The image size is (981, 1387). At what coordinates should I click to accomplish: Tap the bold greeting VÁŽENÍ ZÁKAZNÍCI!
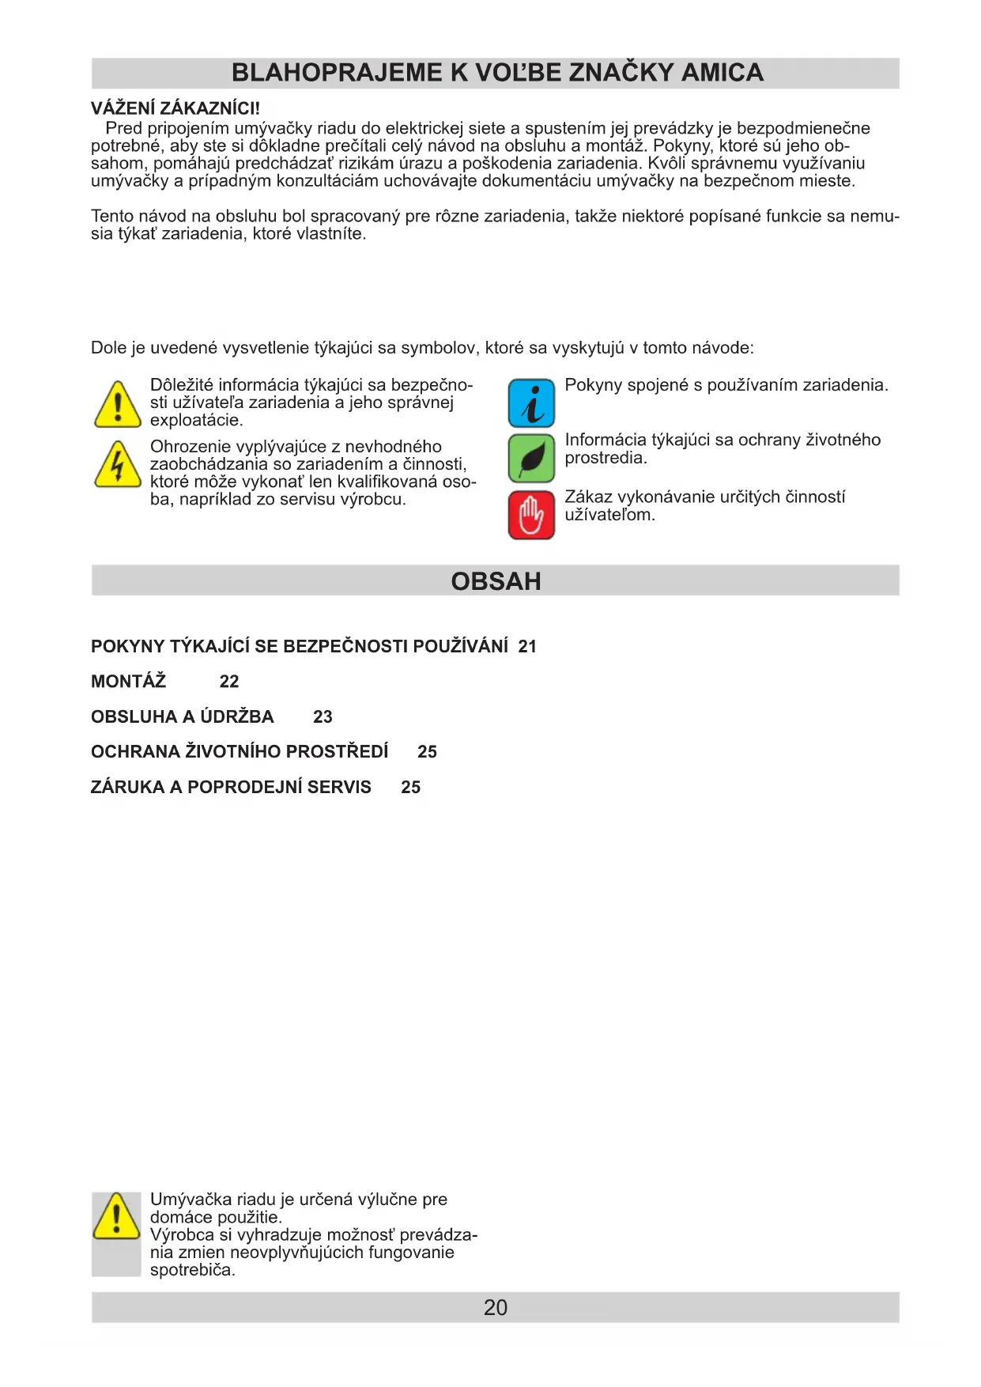[x=175, y=109]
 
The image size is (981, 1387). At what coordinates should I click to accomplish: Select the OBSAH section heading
[x=496, y=581]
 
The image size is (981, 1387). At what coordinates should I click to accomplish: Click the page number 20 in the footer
[x=496, y=1307]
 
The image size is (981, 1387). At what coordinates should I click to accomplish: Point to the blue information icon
[x=531, y=403]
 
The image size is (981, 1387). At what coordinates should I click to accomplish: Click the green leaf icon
[x=531, y=458]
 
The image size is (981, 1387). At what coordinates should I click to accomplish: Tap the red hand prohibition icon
[x=531, y=515]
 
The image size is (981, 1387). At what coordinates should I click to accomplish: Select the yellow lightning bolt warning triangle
[x=117, y=465]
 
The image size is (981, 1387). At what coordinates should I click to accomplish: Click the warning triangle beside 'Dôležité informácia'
[x=117, y=405]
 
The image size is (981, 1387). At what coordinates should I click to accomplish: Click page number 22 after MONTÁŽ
[x=229, y=682]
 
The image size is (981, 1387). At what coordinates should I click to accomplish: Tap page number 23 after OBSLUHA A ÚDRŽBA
[x=323, y=717]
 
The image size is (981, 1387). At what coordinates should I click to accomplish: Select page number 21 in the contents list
[x=527, y=647]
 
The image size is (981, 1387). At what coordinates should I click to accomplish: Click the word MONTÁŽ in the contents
[x=128, y=682]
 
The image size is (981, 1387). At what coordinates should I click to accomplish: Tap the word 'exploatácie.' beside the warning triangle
[x=196, y=421]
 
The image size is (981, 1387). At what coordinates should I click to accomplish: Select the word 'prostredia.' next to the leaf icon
[x=606, y=458]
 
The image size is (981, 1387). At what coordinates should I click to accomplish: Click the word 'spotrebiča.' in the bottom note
[x=193, y=1270]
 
